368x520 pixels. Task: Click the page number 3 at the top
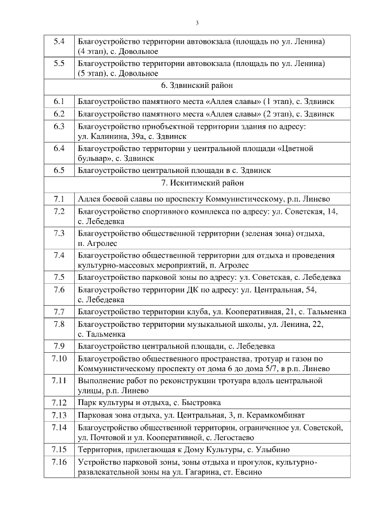(x=197, y=23)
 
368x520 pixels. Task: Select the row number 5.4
(x=59, y=41)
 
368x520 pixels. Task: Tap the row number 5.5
(x=59, y=63)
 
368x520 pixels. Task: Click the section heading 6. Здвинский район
(x=197, y=86)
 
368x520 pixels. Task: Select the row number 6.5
(x=59, y=170)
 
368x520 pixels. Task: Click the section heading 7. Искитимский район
(x=197, y=183)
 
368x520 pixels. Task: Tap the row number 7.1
(x=59, y=199)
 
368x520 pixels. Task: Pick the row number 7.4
(x=59, y=255)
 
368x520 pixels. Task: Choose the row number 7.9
(x=59, y=346)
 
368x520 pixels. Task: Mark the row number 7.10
(x=59, y=359)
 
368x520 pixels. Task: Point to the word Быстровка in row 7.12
(x=199, y=403)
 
